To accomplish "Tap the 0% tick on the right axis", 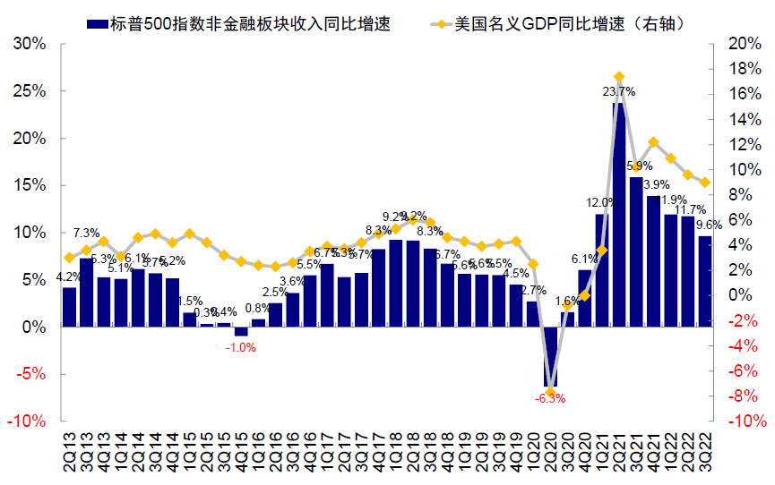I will tap(739, 294).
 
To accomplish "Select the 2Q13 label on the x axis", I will tap(70, 452).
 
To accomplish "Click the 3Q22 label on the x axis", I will tap(706, 452).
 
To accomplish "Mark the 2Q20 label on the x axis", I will tap(551, 452).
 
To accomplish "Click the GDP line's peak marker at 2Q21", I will tap(619, 77).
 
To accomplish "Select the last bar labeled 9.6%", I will tap(705, 281).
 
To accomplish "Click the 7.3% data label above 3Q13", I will tap(86, 234).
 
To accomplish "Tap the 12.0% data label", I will tap(601, 203).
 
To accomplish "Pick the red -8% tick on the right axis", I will tap(739, 395).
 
